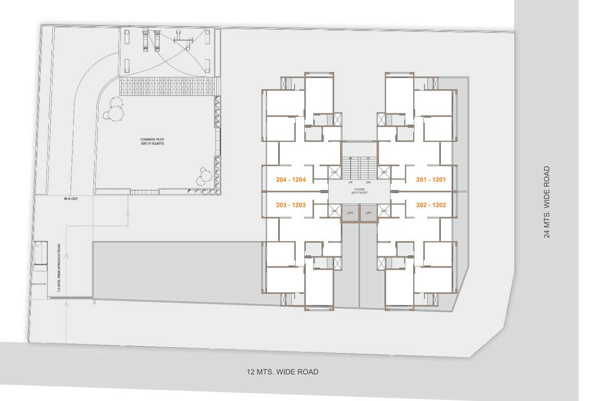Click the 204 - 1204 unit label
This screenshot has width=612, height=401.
click(x=291, y=180)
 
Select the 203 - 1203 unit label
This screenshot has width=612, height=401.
click(x=291, y=205)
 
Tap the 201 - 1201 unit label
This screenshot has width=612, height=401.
click(x=431, y=180)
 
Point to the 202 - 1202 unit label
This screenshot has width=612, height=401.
click(x=431, y=205)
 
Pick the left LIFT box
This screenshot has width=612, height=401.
click(x=350, y=213)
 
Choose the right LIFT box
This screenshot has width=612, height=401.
click(x=368, y=213)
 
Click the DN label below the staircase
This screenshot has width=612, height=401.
click(x=368, y=182)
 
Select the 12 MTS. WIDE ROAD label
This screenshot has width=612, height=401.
click(x=282, y=372)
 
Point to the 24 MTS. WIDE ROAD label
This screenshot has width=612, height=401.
click(x=547, y=202)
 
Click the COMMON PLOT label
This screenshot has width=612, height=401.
click(x=152, y=139)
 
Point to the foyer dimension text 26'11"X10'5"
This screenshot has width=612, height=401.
click(x=359, y=193)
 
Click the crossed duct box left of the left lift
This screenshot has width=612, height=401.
click(x=334, y=211)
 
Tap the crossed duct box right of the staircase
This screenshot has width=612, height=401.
click(x=385, y=172)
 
